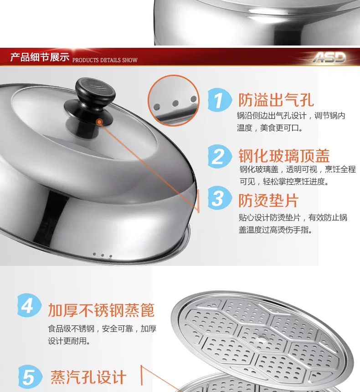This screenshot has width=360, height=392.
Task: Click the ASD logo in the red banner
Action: (329, 58)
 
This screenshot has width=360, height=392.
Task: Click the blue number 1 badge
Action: (220, 100)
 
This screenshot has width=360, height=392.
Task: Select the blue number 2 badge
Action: (219, 156)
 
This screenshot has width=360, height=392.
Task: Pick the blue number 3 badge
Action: (219, 198)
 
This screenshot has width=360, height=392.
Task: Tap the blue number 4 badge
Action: (29, 305)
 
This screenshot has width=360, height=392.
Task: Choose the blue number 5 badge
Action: (30, 377)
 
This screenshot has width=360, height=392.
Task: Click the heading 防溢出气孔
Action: (276, 100)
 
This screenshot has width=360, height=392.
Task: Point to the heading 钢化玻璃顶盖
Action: (284, 156)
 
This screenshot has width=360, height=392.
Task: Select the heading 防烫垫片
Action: (268, 200)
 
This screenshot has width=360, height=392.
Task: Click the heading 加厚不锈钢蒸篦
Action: (101, 310)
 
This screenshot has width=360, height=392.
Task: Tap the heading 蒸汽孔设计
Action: (88, 377)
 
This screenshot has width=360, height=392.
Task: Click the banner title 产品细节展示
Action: (40, 57)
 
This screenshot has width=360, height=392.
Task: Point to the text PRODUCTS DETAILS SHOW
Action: (105, 60)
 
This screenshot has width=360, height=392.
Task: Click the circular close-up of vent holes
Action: (173, 100)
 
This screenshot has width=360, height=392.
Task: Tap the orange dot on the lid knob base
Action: (99, 122)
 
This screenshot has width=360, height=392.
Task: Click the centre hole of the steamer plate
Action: (262, 339)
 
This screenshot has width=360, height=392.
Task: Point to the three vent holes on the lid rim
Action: (103, 255)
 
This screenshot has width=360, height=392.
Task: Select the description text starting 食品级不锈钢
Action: (102, 335)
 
